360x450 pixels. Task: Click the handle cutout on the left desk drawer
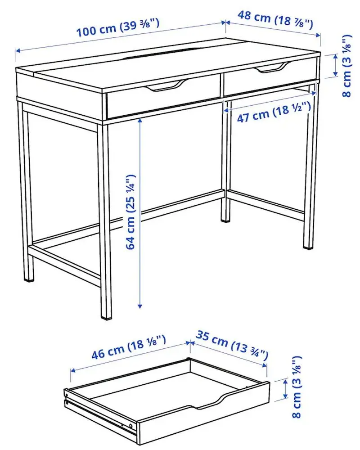pyautogui.click(x=167, y=86)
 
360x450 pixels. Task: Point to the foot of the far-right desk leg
pyautogui.click(x=308, y=245)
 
